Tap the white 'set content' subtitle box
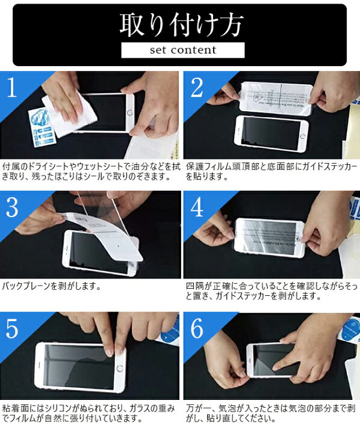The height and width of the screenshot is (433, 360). [x=182, y=50]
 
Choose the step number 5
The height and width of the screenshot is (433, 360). [x=13, y=328]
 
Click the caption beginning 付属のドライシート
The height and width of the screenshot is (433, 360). [x=90, y=170]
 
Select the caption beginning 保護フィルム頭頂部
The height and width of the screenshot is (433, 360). [x=271, y=170]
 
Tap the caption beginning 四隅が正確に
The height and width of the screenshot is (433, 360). [x=271, y=291]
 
